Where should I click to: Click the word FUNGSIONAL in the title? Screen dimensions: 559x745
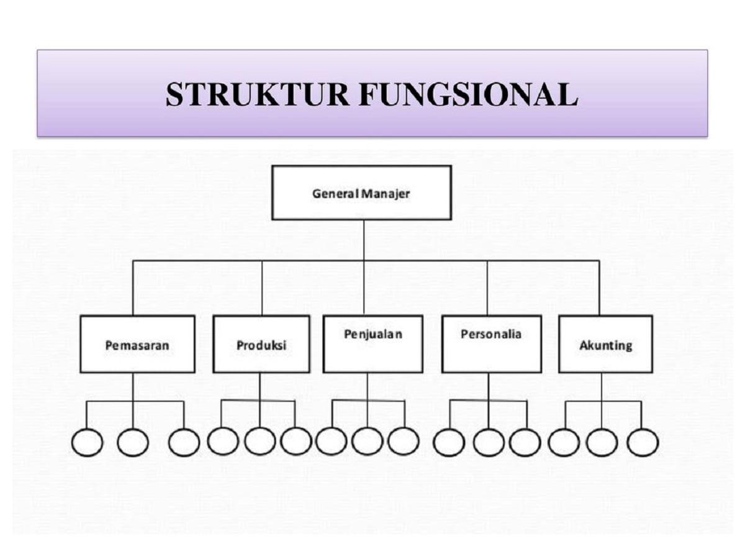pos(468,94)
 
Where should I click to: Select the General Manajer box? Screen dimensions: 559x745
pos(361,193)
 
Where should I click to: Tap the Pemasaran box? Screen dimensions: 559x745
pos(137,344)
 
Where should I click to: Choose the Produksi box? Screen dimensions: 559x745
pos(261,344)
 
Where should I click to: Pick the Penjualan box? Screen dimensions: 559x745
pos(373,344)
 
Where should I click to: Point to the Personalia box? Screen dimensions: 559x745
pos(491,344)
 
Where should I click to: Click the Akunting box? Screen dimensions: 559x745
pos(605,344)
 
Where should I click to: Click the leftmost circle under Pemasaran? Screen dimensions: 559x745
pos(87,443)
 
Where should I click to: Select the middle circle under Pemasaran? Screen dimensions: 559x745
pos(133,443)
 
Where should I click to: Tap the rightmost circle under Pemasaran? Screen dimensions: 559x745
pos(184,443)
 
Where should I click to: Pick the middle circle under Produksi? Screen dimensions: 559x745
pos(260,441)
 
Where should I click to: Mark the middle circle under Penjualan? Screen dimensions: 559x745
pos(367,441)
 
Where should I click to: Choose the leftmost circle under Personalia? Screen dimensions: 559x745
pos(449,443)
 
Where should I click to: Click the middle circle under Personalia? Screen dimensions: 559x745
pos(489,443)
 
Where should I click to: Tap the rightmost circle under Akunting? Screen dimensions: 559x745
pos(642,443)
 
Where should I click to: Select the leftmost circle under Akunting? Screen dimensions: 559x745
pos(564,443)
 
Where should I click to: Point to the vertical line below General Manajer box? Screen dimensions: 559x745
pos(364,240)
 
